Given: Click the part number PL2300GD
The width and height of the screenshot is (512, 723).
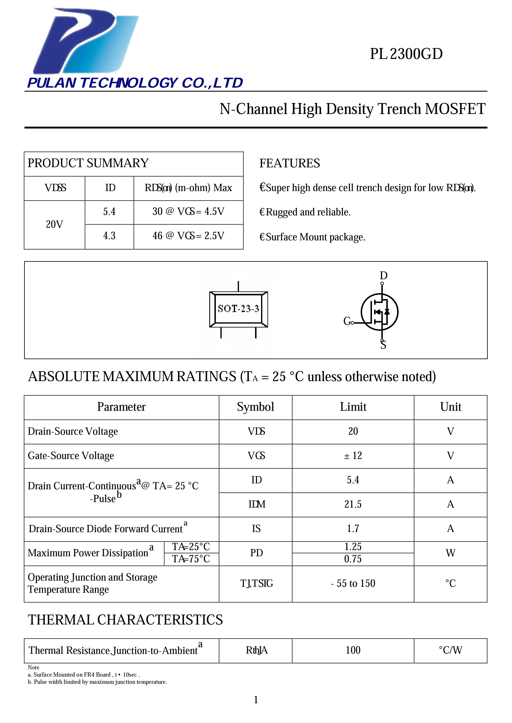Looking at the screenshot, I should pyautogui.click(x=406, y=54).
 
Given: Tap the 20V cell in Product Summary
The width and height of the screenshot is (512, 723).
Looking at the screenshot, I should pyautogui.click(x=54, y=224).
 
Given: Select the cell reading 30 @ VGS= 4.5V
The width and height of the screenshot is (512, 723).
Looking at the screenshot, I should pyautogui.click(x=188, y=212).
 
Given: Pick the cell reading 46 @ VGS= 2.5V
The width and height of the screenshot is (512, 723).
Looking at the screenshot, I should pyautogui.click(x=188, y=236).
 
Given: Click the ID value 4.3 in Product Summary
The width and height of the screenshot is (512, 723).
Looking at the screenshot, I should pyautogui.click(x=109, y=236).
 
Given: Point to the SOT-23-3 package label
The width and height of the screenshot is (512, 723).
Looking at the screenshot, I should pyautogui.click(x=238, y=309).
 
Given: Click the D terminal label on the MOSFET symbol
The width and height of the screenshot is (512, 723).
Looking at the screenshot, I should pyautogui.click(x=383, y=276).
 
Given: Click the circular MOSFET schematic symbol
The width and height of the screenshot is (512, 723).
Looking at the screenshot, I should pyautogui.click(x=379, y=312).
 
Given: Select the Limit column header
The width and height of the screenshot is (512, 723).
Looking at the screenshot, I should pyautogui.click(x=353, y=407).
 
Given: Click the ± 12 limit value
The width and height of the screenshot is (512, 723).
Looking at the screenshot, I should pyautogui.click(x=353, y=456).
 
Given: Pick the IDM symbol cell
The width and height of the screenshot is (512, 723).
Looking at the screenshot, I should pyautogui.click(x=257, y=505).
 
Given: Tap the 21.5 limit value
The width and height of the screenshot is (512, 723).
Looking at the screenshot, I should pyautogui.click(x=353, y=505).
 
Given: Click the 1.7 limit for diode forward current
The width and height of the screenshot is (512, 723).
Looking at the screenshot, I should pyautogui.click(x=353, y=529).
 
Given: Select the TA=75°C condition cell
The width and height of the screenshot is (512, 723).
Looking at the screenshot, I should pyautogui.click(x=191, y=559).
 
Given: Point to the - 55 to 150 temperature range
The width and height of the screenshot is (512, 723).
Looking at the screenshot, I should pyautogui.click(x=353, y=583).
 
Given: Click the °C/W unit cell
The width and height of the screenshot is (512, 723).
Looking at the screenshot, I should pyautogui.click(x=450, y=650).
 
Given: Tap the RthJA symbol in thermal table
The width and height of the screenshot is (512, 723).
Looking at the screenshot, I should pyautogui.click(x=257, y=650).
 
